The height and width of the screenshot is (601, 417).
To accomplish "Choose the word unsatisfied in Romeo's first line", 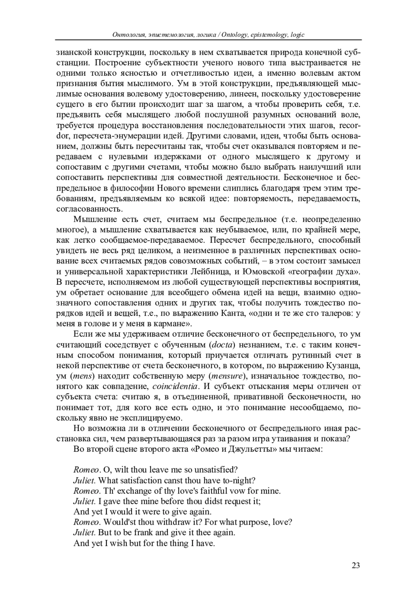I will tap(216, 470).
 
